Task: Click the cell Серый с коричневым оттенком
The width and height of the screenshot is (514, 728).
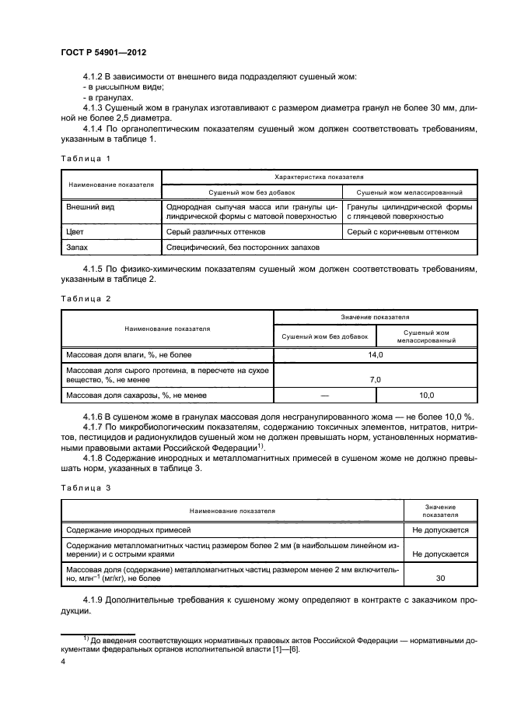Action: [x=403, y=231]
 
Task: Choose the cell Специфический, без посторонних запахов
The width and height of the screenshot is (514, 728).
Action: [x=242, y=247]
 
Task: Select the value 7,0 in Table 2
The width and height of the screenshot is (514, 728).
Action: [x=376, y=379]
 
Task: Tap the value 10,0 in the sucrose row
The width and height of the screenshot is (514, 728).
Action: [x=426, y=396]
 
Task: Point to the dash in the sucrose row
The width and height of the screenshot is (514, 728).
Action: [x=325, y=396]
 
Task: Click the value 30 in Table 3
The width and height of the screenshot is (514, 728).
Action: [x=440, y=579]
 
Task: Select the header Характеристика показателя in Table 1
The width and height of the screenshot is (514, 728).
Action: [x=320, y=178]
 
